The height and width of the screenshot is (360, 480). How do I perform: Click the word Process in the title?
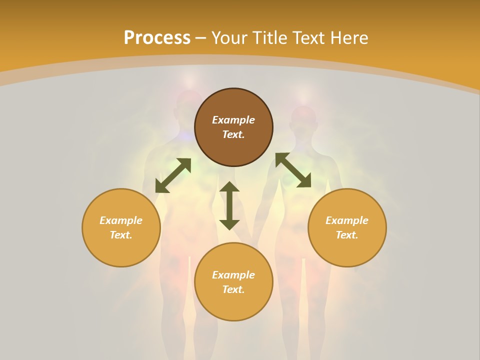[157, 38]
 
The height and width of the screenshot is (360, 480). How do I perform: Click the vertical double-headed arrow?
[229, 205]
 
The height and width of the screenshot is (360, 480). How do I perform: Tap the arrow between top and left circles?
[173, 175]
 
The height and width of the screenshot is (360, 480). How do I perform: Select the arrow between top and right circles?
[293, 170]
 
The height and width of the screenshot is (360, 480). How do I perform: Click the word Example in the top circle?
[233, 120]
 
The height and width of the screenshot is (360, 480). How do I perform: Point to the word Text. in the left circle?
[121, 235]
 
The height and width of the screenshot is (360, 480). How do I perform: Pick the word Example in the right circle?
[347, 220]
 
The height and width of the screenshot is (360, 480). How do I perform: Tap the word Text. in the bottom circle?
[233, 289]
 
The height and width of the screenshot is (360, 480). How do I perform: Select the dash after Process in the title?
[201, 38]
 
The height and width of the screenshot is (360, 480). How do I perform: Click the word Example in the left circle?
[121, 220]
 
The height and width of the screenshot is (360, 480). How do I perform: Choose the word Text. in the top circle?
[233, 134]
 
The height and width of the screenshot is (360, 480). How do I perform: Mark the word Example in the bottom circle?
[233, 275]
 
